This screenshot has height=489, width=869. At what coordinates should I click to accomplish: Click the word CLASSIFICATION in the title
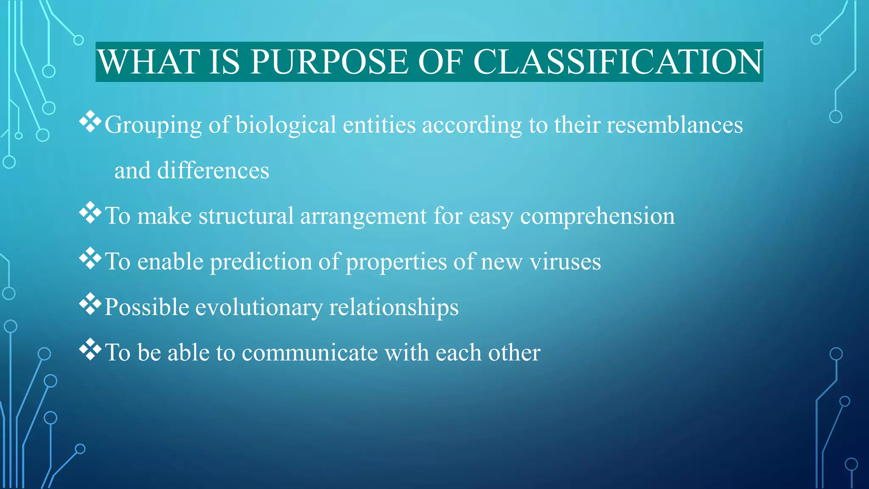coord(617,62)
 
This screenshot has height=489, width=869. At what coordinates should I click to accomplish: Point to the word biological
coord(286,125)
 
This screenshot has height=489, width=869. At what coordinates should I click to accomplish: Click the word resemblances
coord(674,125)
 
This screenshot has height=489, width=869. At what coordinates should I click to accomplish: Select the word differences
coord(213,171)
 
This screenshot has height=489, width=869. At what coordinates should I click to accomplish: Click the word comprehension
coord(597,216)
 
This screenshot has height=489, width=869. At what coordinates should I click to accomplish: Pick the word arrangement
coord(363,216)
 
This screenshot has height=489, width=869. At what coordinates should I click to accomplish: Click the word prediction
coord(261,262)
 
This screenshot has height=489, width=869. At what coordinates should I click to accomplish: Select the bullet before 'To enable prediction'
coord(90,259)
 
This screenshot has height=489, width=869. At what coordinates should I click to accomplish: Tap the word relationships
coord(394,307)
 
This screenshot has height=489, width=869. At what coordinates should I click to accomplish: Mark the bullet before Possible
coord(90,304)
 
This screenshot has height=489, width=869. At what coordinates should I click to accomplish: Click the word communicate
coord(309,353)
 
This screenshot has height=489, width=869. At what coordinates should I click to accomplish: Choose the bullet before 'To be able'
coord(90,349)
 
